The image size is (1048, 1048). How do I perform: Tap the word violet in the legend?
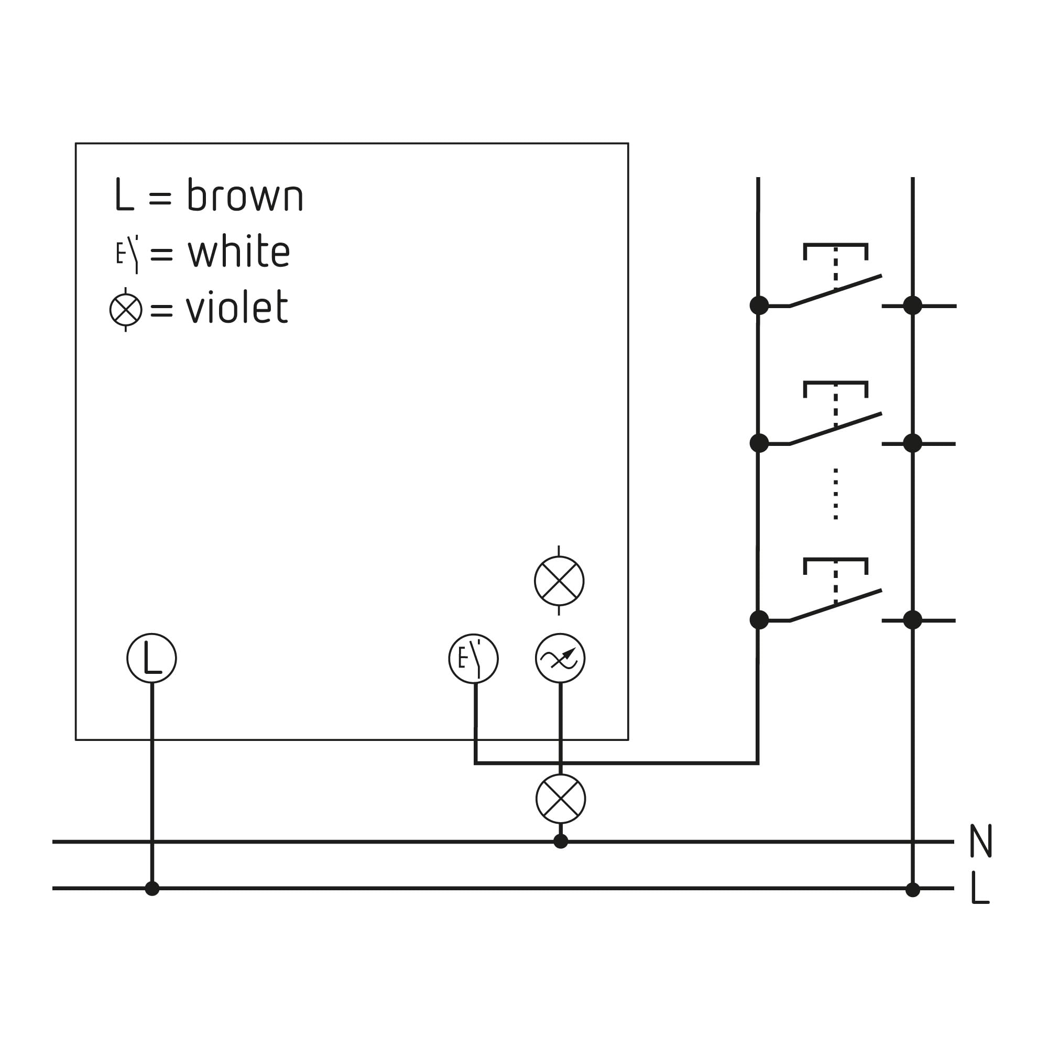237,307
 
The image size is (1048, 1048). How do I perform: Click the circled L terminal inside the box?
152,658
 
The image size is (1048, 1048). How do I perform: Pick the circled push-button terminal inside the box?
474,659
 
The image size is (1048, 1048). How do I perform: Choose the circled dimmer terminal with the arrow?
560,658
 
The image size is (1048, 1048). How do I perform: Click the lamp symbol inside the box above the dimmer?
559,581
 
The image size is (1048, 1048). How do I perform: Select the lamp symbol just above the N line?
561,799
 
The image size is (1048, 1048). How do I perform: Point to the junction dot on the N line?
561,842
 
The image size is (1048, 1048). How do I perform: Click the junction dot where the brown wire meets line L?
152,889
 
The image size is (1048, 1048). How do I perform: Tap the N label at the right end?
981,841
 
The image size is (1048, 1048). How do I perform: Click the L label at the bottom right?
980,888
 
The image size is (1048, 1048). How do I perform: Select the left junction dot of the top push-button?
759,305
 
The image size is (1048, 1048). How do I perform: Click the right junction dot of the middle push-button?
913,443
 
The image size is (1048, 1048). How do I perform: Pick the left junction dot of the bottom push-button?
759,620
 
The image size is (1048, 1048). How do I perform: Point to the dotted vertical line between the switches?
835,494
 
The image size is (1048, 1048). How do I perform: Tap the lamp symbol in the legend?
126,310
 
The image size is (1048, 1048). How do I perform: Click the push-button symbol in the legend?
127,254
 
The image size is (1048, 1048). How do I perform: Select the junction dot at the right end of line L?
913,890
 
